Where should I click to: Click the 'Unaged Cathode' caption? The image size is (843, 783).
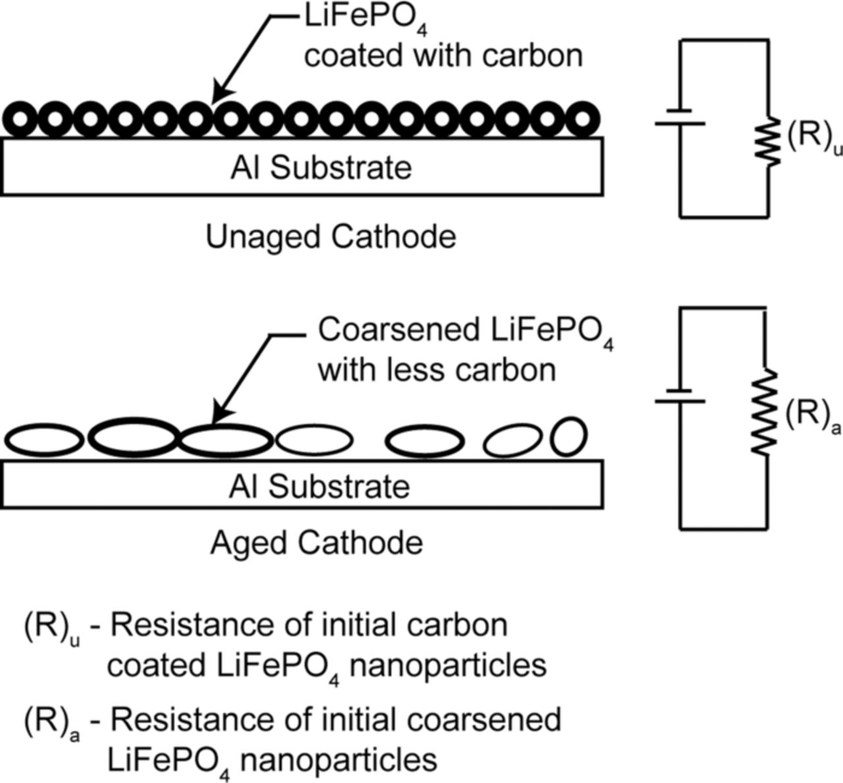tap(331, 236)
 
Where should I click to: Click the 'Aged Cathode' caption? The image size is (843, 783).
tap(316, 543)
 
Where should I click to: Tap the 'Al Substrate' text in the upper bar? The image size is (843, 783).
tap(321, 168)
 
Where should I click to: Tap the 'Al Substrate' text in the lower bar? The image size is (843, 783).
tap(319, 487)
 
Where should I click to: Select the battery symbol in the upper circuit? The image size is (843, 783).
tap(680, 117)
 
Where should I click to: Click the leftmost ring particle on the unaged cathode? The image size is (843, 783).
tap(21, 119)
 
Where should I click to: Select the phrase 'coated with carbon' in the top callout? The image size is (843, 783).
tap(443, 56)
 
